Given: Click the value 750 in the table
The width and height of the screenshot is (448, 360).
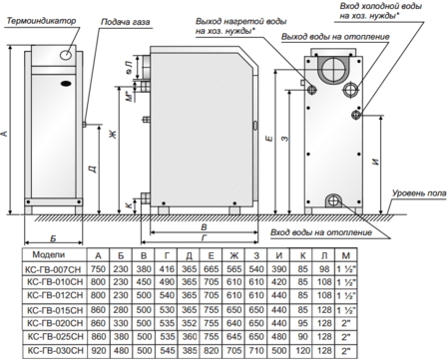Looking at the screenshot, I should [x=97, y=270].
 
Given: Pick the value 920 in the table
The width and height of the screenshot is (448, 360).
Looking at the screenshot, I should [x=97, y=352].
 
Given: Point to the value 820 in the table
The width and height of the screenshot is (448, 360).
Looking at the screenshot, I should [x=212, y=352].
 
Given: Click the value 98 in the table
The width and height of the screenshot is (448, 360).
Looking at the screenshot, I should [x=325, y=270].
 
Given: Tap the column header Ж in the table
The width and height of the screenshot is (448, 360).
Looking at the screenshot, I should [x=234, y=256].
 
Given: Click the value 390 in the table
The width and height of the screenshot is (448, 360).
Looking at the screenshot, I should [x=279, y=270].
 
